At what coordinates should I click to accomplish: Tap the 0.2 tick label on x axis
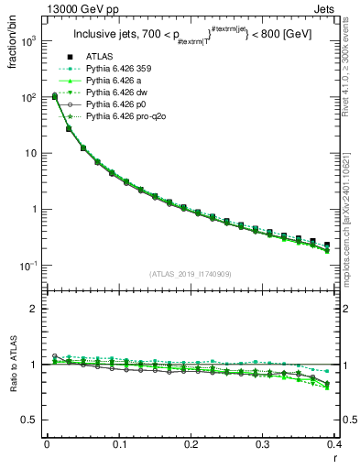click(x=191, y=443)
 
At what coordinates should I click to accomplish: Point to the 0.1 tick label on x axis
click(x=119, y=443)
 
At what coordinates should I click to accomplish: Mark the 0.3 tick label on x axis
click(x=264, y=443)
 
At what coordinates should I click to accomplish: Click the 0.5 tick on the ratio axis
click(x=32, y=420)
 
